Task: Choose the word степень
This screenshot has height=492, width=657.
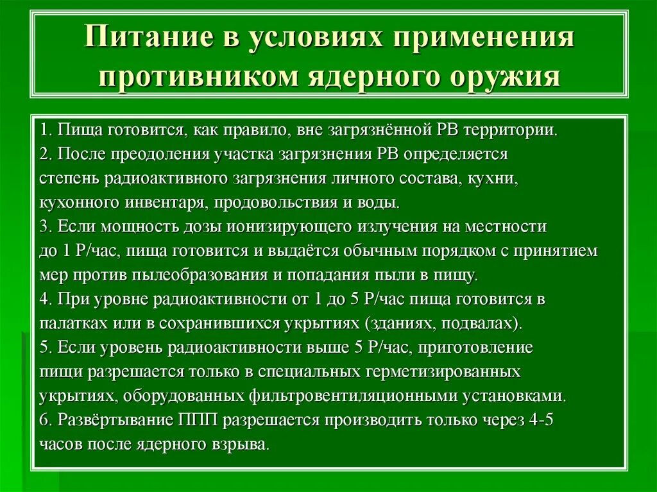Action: (66, 179)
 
